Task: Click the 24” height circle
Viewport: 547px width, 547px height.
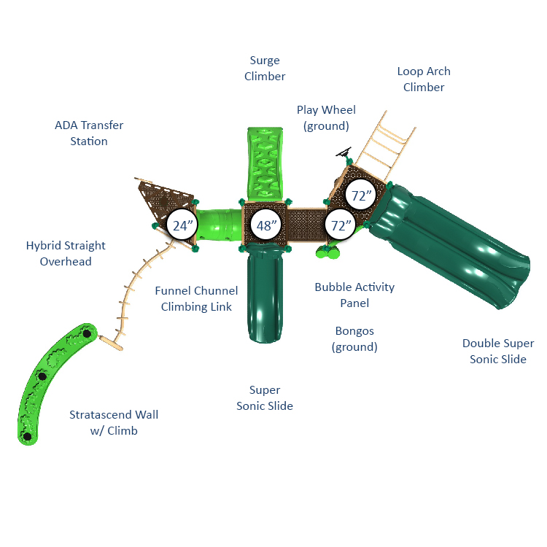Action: click(182, 225)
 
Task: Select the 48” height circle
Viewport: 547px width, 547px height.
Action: click(266, 225)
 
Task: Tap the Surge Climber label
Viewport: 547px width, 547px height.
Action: click(265, 69)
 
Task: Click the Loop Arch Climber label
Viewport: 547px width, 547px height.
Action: click(424, 79)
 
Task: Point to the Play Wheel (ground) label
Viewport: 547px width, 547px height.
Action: click(326, 118)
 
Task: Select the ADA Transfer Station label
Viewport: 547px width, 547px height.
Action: click(89, 133)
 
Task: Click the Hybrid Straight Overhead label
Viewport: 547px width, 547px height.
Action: click(66, 254)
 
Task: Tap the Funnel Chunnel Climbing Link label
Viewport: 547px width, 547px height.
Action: click(196, 298)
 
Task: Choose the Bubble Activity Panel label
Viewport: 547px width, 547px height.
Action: click(354, 295)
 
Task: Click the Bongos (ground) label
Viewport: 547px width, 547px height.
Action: click(354, 338)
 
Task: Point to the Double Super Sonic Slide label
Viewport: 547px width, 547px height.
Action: click(498, 351)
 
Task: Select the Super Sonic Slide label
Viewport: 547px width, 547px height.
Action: click(265, 397)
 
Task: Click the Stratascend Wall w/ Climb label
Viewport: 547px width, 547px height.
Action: click(114, 422)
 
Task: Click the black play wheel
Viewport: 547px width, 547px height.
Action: click(344, 152)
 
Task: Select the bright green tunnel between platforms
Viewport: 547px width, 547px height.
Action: click(219, 225)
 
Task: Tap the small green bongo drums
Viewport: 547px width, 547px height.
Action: click(328, 252)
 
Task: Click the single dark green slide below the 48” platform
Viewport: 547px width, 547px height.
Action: click(265, 294)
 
